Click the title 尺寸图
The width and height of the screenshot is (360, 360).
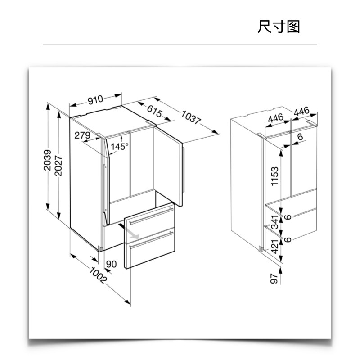tap(279, 27)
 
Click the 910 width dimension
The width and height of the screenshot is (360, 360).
tap(95, 99)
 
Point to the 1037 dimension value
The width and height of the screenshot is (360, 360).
tap(190, 118)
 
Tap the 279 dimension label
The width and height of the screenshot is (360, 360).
tap(82, 135)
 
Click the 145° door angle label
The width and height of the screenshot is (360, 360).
tap(120, 146)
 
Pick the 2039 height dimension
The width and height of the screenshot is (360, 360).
tap(48, 160)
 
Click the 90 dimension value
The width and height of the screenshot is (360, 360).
tap(111, 264)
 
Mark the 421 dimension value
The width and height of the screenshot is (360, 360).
tap(275, 247)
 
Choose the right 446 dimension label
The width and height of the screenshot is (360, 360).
tap(301, 111)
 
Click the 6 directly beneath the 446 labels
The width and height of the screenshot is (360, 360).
tap(300, 137)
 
